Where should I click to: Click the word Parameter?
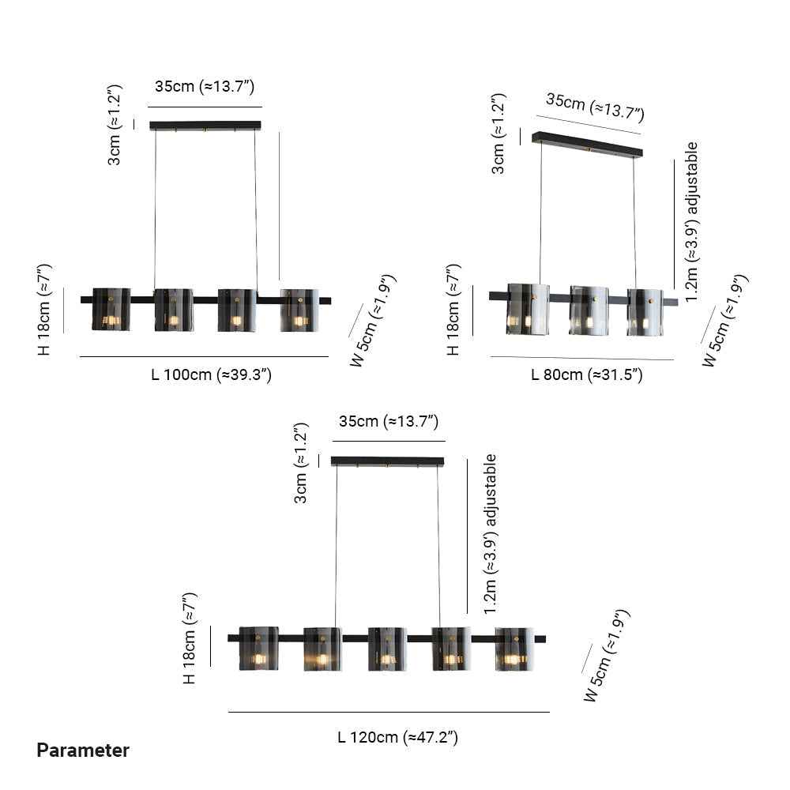coord(83,750)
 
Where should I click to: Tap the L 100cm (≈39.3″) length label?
coord(211,374)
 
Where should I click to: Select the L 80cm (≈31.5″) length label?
coord(587,374)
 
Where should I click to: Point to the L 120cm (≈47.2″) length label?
coord(397,738)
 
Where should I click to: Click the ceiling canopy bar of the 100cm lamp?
coord(205,126)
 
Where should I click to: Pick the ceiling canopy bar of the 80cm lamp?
coord(588,144)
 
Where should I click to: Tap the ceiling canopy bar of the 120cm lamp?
coord(387,461)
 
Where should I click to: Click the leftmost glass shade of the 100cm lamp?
coord(111,310)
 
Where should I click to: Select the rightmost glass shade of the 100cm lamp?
coord(299,310)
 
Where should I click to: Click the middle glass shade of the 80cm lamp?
coord(589,310)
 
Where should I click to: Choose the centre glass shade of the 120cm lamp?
coord(387,649)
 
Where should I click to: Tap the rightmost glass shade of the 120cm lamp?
coord(514,649)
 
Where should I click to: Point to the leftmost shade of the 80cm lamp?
coord(528,309)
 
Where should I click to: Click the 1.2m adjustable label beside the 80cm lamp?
coord(692,222)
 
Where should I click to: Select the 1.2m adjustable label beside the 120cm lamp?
coord(491,534)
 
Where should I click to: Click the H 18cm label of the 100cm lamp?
coord(44,310)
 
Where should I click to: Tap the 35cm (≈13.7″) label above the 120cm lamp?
coord(389,421)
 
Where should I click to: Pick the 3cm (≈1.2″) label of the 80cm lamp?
coord(498,134)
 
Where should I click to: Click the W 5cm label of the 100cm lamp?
coord(374,321)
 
